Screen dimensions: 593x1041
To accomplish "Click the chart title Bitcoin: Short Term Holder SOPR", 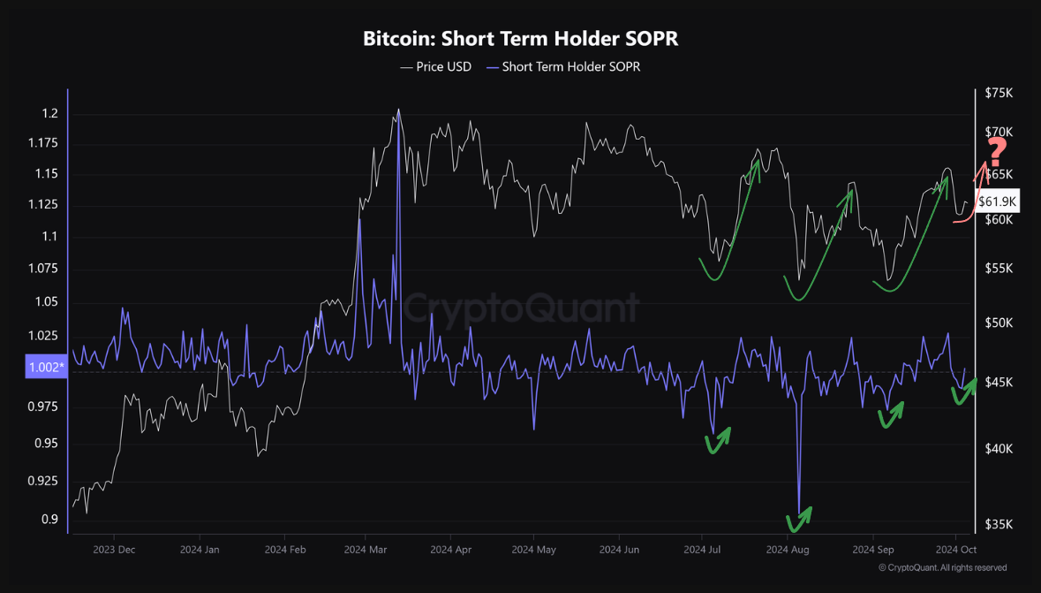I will (520, 39).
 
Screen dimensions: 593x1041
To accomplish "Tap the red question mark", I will (997, 153).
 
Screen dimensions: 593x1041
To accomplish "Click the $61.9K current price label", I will (998, 201).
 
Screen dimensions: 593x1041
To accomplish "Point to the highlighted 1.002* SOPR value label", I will (47, 368).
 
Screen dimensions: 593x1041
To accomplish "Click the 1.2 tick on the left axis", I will (49, 114).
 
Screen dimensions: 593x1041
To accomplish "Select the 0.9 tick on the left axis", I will (49, 519).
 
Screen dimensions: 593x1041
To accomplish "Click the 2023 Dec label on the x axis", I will (114, 549).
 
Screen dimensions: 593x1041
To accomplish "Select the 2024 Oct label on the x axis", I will (954, 549).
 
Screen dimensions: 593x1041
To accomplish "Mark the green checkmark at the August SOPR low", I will (799, 520).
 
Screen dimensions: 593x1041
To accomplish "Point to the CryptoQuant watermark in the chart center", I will (520, 308).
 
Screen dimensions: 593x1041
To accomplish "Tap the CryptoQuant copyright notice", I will (942, 567).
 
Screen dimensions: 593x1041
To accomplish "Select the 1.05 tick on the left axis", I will (46, 302).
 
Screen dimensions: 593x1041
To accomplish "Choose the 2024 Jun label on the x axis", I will (619, 549).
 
